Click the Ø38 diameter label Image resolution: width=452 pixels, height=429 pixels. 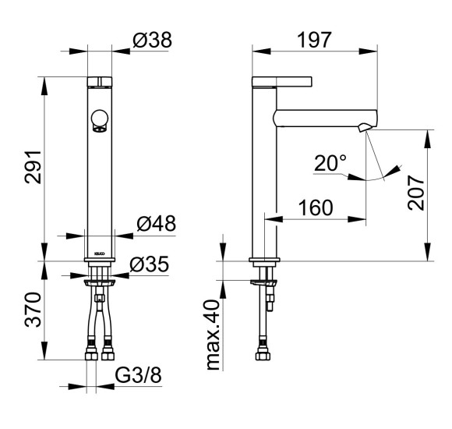[152, 40]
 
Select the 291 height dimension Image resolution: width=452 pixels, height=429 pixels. [33, 167]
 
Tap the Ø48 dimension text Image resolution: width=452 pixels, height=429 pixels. [156, 223]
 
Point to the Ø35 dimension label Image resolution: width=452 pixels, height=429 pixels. [149, 264]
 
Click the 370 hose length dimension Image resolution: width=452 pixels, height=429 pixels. [33, 310]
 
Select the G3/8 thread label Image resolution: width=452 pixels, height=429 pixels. [138, 375]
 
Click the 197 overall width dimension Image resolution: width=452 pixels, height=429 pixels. [314, 40]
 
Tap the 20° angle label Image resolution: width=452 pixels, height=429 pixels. [330, 163]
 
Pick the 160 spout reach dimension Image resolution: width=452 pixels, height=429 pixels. [316, 207]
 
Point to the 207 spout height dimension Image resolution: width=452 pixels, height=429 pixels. [416, 193]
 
